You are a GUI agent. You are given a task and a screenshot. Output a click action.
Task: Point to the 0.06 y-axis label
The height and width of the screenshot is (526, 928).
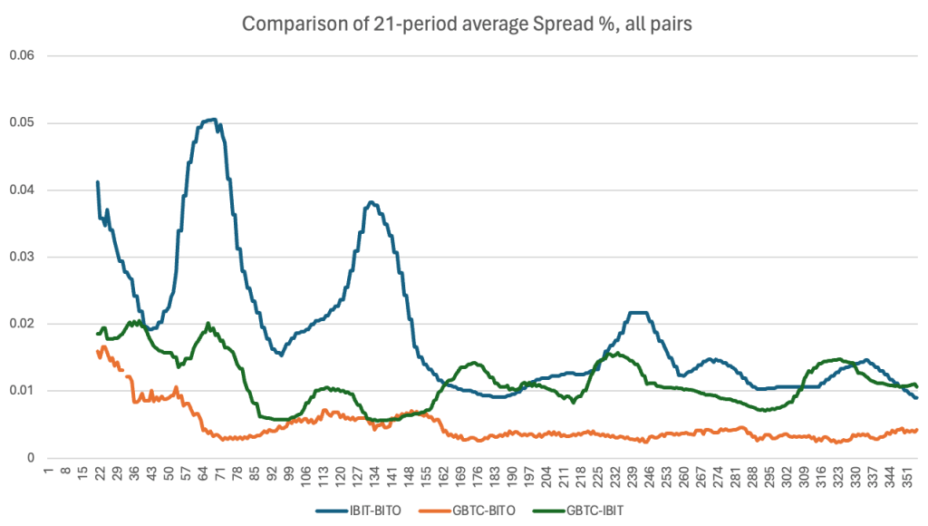20,55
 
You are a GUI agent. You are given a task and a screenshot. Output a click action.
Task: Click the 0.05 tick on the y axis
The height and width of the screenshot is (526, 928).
20,122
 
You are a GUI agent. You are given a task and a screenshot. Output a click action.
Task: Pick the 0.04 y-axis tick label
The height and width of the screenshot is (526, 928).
20,190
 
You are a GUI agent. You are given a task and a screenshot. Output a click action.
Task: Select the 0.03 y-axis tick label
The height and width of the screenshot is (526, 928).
20,257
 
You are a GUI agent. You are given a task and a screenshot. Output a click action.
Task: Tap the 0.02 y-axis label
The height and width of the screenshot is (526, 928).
20,324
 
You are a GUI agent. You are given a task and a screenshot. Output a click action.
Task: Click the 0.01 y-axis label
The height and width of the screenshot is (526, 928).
20,391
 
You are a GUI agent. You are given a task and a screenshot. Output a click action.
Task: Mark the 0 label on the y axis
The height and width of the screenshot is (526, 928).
30,458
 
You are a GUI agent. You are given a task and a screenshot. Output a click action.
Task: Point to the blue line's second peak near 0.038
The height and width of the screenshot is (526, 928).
371,202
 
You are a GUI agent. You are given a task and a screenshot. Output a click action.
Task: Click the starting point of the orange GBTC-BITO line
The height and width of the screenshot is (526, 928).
97,351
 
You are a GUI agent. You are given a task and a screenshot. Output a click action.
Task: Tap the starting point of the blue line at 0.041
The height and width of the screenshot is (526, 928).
97,182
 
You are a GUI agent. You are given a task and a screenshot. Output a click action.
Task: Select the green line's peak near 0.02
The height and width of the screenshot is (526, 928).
208,323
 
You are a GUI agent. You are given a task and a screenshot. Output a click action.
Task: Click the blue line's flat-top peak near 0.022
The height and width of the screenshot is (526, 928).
638,313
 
